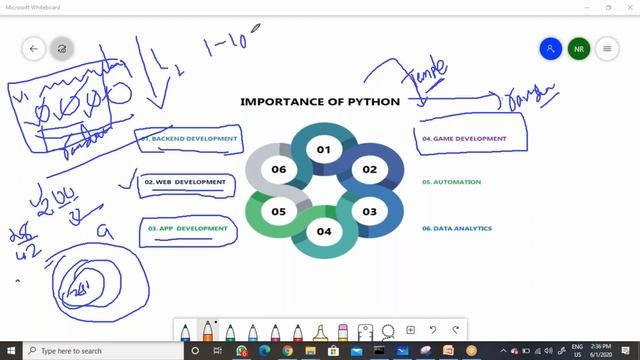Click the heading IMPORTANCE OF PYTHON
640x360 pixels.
[320, 101]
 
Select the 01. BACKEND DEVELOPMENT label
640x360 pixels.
[190, 138]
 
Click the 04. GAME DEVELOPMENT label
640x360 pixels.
[464, 138]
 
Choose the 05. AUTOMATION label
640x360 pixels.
[451, 182]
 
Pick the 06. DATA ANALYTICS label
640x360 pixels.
[457, 228]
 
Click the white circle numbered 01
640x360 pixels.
[323, 150]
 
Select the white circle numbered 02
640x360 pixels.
[369, 170]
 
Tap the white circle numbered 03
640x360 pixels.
[369, 211]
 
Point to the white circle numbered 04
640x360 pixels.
[323, 231]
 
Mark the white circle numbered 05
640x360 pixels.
[278, 211]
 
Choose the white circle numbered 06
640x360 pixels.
[278, 170]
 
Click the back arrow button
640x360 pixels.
[34, 48]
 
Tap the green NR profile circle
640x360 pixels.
[578, 48]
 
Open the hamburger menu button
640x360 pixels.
[606, 48]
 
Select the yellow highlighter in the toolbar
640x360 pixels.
[320, 332]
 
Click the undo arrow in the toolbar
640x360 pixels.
[433, 330]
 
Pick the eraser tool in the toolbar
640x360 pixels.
[343, 332]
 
